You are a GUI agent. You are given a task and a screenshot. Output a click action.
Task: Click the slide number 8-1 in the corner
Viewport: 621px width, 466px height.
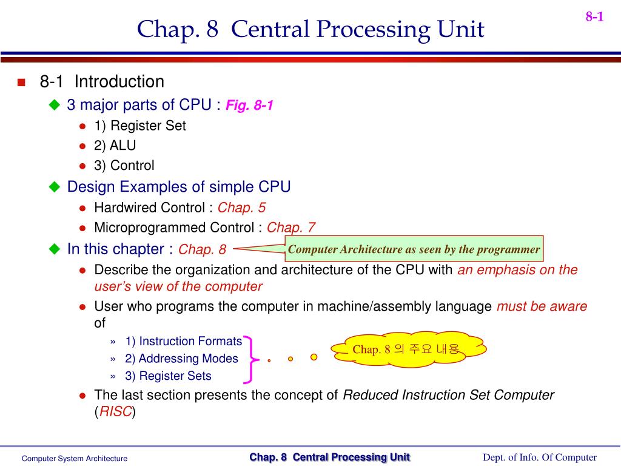tap(594, 17)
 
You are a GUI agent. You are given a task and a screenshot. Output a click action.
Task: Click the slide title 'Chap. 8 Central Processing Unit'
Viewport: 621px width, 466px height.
tap(310, 29)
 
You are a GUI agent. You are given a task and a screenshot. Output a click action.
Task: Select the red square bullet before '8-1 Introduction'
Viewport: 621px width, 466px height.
tap(21, 83)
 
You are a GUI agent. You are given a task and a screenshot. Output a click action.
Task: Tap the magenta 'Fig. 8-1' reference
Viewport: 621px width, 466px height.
tap(249, 106)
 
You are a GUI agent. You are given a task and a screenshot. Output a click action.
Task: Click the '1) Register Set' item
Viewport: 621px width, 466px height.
tap(139, 126)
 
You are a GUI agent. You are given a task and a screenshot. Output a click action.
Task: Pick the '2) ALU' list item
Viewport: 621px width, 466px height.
tap(115, 146)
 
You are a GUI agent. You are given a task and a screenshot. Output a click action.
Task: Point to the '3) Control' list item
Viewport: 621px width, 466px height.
tap(124, 166)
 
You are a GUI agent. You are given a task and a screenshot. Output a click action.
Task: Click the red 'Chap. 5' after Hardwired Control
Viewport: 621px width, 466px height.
tap(241, 208)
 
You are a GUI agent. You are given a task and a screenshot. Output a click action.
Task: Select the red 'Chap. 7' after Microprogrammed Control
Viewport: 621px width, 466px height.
tap(291, 228)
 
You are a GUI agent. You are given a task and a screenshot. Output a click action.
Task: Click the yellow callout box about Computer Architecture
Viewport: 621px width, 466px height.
tap(414, 249)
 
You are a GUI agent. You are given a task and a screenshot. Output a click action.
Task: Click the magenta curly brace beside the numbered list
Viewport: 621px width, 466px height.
tap(250, 359)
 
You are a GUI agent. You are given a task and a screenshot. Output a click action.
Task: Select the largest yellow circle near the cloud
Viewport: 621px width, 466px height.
tap(314, 357)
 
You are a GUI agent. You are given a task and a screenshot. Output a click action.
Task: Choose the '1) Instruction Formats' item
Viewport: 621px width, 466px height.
tap(183, 341)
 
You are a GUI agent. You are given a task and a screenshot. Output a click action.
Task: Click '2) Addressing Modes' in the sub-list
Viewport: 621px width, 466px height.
tap(181, 359)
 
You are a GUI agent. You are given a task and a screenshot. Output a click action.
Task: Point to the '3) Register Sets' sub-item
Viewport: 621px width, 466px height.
tap(169, 376)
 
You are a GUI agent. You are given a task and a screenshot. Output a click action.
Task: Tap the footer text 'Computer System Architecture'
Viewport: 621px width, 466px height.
tap(75, 459)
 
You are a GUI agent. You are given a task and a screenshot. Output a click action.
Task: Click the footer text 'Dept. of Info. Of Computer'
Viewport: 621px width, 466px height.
tap(539, 458)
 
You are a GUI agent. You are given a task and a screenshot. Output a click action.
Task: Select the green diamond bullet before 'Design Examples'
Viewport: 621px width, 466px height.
tap(55, 187)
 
